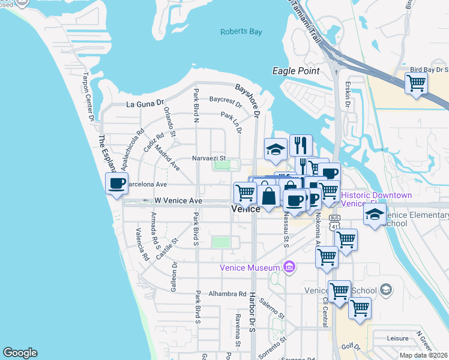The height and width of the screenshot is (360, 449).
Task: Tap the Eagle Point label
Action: [296, 71]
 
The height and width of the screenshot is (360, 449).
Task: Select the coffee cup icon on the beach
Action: [117, 183]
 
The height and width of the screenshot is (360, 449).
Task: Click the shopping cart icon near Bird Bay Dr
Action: [416, 83]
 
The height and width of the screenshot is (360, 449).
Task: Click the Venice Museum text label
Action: [250, 268]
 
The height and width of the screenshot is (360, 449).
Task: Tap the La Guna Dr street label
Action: [145, 104]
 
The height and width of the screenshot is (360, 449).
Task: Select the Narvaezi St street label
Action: [208, 158]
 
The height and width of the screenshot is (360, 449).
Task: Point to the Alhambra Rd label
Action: [228, 294]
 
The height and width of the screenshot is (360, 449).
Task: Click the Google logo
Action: [20, 353]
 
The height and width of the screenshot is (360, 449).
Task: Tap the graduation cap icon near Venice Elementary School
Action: [375, 215]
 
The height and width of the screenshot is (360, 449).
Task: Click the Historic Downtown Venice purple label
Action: [376, 199]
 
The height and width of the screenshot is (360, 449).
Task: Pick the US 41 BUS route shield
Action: [335, 222]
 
